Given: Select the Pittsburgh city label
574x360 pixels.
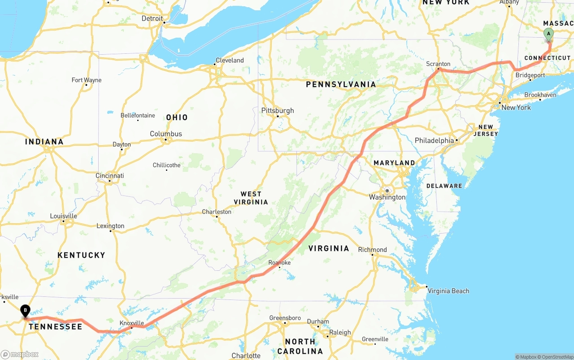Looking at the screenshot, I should point(278,110).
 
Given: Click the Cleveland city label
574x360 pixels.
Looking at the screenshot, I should point(230,60).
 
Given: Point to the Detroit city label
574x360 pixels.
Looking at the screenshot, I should point(152,18).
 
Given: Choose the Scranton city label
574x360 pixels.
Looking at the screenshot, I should point(438,64).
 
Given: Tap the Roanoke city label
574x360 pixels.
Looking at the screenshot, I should point(279,262).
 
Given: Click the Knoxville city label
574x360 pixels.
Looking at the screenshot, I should point(131,323).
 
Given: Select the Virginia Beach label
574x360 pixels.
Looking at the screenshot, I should point(448,291).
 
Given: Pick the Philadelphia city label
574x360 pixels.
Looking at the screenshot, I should point(434,140).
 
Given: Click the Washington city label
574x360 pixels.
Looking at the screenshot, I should point(387,197).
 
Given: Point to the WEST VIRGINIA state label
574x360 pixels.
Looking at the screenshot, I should point(251,198).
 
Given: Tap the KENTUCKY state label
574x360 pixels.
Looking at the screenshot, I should point(81,255).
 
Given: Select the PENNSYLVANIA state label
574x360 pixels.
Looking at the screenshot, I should point(341,84).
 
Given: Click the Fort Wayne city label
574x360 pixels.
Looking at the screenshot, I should point(87,80).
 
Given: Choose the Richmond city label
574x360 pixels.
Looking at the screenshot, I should point(372,250).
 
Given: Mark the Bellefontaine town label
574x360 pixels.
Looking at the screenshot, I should point(138,115).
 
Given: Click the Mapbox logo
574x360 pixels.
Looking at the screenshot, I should point(20,354).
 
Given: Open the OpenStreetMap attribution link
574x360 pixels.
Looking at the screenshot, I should point(557,357).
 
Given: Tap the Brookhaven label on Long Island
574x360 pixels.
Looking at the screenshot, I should point(540,95).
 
